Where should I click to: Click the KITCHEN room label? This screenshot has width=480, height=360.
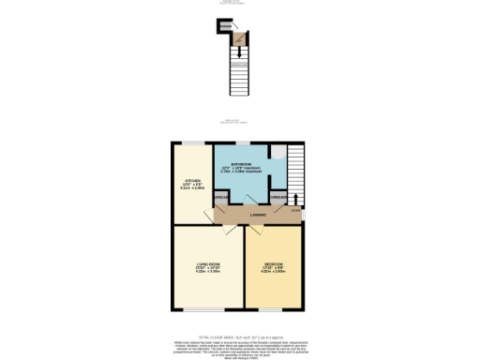[x=191, y=180]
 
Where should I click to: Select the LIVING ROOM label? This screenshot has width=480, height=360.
[x=207, y=265]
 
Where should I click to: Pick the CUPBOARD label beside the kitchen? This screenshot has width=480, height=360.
[x=221, y=198]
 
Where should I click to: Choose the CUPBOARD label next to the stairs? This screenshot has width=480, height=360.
[x=278, y=198]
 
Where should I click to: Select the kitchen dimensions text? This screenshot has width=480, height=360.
[x=191, y=187]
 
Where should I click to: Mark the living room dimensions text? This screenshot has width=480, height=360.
[x=207, y=272]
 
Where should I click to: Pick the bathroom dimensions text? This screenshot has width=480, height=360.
[x=245, y=170]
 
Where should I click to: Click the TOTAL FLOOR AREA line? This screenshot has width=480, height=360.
[x=240, y=336]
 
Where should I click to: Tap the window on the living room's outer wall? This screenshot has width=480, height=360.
[x=207, y=310]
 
